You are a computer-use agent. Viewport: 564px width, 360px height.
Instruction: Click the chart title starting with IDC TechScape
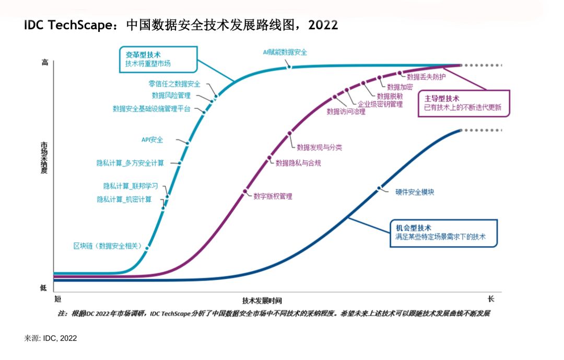click(x=181, y=25)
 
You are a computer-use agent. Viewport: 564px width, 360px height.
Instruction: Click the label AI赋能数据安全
click(x=285, y=52)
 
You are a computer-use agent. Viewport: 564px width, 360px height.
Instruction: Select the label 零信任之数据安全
click(x=174, y=84)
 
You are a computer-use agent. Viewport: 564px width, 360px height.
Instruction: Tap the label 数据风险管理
click(x=171, y=96)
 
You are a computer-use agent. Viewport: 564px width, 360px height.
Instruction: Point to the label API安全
click(x=152, y=140)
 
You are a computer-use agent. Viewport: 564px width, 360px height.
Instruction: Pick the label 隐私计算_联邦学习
click(x=131, y=186)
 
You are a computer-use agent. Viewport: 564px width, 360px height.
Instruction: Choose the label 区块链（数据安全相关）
click(x=106, y=246)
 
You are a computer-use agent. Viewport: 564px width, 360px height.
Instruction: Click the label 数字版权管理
click(x=273, y=196)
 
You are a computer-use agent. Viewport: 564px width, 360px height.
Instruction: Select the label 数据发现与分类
click(x=320, y=148)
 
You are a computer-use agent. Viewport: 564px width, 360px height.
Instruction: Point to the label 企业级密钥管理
click(x=380, y=104)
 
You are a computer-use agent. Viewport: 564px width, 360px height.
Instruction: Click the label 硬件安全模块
click(x=415, y=192)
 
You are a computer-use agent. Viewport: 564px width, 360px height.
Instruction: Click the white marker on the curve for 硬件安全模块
click(x=378, y=188)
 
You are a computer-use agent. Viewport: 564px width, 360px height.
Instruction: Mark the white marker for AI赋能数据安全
click(x=289, y=66)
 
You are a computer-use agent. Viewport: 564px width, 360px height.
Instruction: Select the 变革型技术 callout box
click(x=158, y=59)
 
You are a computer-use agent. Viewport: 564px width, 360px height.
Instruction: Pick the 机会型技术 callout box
click(x=443, y=233)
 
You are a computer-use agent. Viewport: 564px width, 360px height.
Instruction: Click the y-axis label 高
click(x=44, y=62)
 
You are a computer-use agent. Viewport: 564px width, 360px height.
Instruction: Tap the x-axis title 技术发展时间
click(x=262, y=300)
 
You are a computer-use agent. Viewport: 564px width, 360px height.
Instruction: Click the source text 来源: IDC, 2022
click(x=51, y=339)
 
